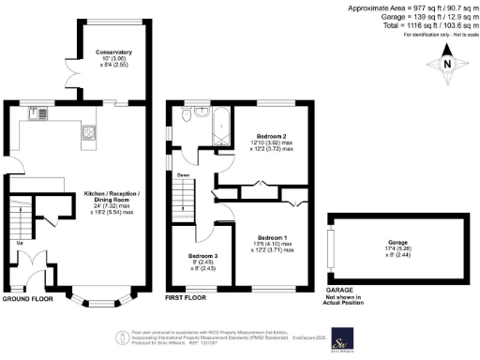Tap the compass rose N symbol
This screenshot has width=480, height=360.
click(x=448, y=64)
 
